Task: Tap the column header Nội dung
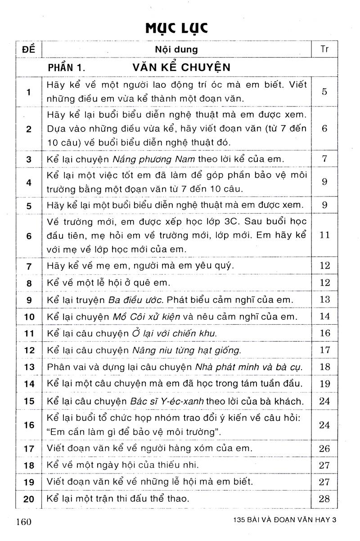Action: (x=176, y=49)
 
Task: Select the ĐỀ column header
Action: (x=28, y=49)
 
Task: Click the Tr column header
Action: (x=325, y=49)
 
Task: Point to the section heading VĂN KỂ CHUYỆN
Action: (x=181, y=68)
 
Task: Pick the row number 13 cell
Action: (x=29, y=367)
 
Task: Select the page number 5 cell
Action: (x=324, y=92)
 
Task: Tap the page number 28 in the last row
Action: (x=324, y=499)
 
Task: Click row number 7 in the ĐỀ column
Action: (x=28, y=266)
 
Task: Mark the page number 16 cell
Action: (x=324, y=333)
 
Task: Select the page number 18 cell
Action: (x=324, y=367)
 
